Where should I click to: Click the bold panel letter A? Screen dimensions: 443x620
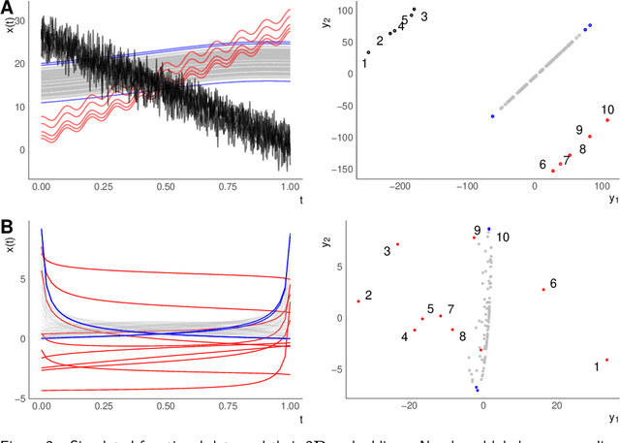(9, 8)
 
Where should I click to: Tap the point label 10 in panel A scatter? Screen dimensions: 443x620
(606, 110)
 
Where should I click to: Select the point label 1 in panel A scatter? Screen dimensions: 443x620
(363, 64)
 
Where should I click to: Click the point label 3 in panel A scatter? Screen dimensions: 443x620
(423, 16)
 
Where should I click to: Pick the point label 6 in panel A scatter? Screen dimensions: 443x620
(542, 165)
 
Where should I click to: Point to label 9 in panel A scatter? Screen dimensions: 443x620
(578, 130)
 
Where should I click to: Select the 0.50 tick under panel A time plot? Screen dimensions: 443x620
(166, 183)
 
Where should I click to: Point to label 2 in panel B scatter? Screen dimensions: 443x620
(368, 295)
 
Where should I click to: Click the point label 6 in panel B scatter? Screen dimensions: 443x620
(552, 284)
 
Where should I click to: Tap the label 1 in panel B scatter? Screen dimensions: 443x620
(596, 366)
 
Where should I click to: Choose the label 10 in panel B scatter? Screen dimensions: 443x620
(503, 237)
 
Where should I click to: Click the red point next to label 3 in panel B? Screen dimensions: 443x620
(397, 244)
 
